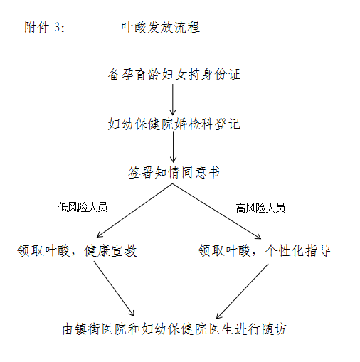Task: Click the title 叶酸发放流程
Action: point(161,28)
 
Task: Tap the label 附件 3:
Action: point(45,27)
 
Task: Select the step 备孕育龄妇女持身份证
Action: point(174,75)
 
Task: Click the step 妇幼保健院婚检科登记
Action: point(174,124)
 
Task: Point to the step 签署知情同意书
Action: point(174,172)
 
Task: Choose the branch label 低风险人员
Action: point(83,207)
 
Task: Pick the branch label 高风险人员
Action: point(260,208)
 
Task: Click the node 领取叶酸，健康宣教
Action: point(77,251)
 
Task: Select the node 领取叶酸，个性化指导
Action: point(264,250)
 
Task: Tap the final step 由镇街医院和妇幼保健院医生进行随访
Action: point(174,329)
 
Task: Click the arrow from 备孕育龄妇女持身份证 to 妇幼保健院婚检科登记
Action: point(173,100)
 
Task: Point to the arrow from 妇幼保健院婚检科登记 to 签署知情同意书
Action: point(174,147)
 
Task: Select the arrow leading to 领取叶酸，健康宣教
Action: point(134,211)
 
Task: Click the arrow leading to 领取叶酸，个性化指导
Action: point(217,211)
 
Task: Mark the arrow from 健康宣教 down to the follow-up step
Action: point(115,289)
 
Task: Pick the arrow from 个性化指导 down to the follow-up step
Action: point(242,292)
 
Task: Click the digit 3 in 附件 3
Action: point(57,28)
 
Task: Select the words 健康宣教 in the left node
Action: point(110,251)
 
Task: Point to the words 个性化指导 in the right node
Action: point(297,250)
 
